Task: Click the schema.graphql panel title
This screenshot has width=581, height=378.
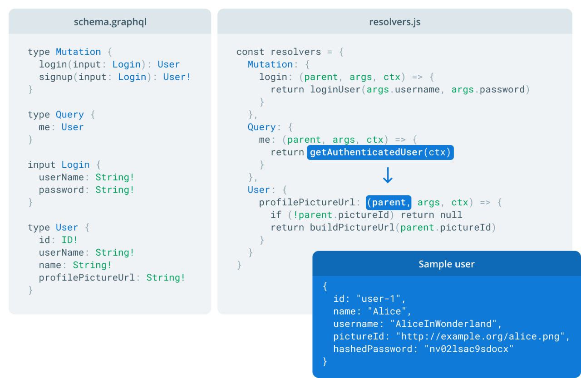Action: pos(110,22)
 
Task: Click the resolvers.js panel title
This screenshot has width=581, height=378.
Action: pos(395,22)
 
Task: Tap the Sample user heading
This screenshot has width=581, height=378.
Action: pos(446,264)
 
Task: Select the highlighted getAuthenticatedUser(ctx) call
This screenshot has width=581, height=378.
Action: pos(380,152)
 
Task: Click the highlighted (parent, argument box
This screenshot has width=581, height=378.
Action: pos(389,203)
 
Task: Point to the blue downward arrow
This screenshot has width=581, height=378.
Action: pos(388,175)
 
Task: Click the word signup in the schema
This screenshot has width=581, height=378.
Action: pos(56,77)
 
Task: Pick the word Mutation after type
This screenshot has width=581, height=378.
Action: pos(79,52)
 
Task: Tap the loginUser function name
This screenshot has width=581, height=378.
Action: pos(335,90)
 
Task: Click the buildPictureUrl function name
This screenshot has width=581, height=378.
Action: pos(352,228)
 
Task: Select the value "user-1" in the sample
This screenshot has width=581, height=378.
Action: pos(379,299)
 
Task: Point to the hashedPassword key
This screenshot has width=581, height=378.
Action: pos(373,349)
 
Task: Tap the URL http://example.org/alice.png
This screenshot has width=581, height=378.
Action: pos(480,337)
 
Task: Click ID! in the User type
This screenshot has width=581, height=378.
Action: pos(69,240)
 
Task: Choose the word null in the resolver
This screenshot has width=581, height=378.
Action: pos(451,215)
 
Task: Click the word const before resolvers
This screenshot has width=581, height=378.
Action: pos(250,52)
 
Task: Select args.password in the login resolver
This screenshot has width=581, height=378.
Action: pos(488,90)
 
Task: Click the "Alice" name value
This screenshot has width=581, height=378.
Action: pos(387,311)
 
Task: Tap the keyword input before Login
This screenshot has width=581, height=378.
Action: pos(41,165)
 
